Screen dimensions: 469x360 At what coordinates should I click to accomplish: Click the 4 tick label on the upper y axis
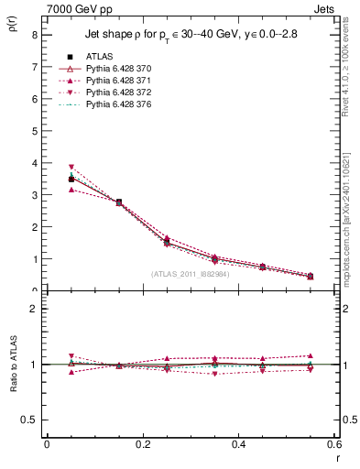tap(34, 163)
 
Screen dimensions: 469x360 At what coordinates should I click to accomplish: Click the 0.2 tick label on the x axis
tap(142, 443)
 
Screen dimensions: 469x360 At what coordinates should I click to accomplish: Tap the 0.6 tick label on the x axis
tap(334, 443)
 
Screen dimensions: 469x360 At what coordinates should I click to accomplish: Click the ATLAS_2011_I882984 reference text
tap(190, 273)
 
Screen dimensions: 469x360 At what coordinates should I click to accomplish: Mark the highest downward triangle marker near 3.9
tap(71, 168)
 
